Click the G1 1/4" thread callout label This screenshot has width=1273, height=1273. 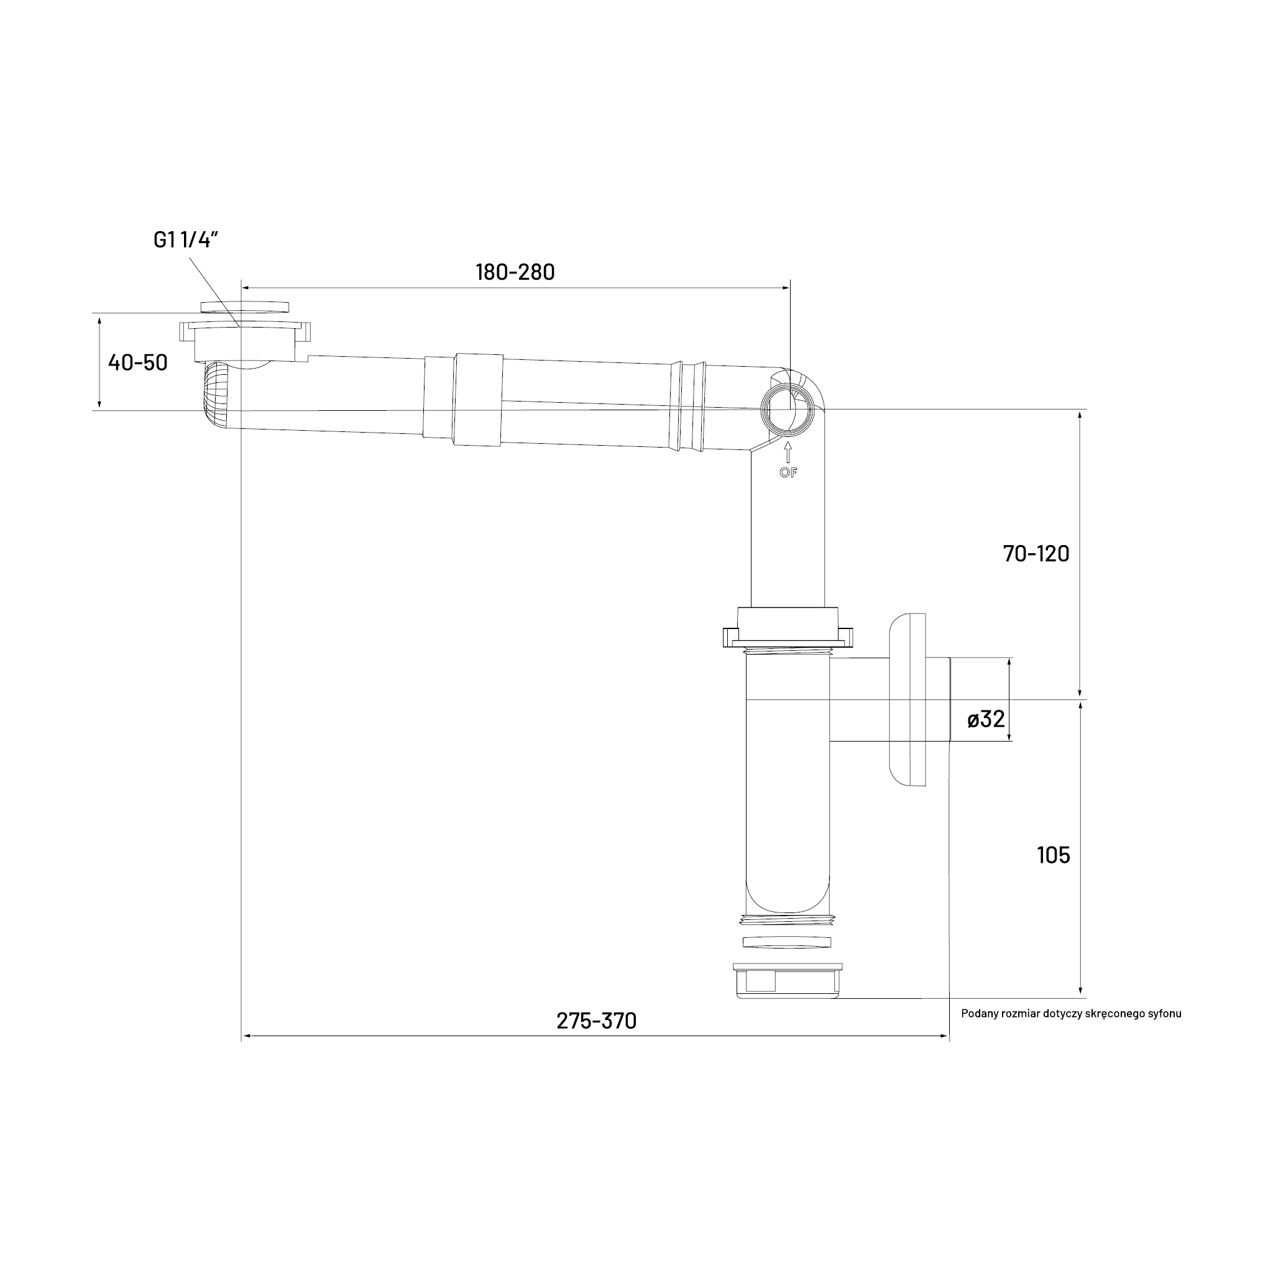click(x=186, y=240)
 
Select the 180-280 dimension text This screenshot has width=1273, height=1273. click(x=515, y=272)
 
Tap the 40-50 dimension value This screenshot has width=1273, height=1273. click(x=138, y=362)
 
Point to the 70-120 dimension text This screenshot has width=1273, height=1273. click(x=1036, y=553)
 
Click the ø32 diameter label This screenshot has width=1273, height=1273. click(x=986, y=719)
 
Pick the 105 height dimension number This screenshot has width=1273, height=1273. click(x=1054, y=855)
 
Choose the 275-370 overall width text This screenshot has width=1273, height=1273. click(x=596, y=1021)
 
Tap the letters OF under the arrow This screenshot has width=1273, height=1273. click(x=788, y=472)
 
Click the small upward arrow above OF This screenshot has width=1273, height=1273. click(x=788, y=453)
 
